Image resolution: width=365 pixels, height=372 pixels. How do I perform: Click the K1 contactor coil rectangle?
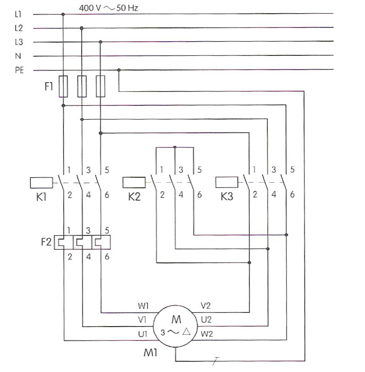pyautogui.click(x=41, y=183)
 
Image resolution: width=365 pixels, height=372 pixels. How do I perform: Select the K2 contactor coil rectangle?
pyautogui.click(x=134, y=182)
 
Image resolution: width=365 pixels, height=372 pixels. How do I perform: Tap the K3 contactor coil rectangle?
pyautogui.click(x=227, y=182)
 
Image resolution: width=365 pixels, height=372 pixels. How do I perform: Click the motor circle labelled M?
pyautogui.click(x=176, y=326)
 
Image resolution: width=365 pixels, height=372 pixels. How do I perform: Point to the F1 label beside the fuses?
pyautogui.click(x=49, y=86)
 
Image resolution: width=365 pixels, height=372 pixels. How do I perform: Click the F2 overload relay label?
pyautogui.click(x=46, y=242)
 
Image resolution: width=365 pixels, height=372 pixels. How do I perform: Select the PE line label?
pyautogui.click(x=19, y=70)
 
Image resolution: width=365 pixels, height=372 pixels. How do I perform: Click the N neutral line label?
pyautogui.click(x=18, y=56)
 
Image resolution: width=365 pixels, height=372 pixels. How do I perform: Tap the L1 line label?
pyautogui.click(x=18, y=14)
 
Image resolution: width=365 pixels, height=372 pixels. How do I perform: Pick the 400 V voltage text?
pyautogui.click(x=90, y=8)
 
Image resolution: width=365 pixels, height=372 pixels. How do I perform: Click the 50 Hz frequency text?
pyautogui.click(x=127, y=8)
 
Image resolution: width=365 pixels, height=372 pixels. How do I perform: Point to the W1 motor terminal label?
pyautogui.click(x=143, y=306)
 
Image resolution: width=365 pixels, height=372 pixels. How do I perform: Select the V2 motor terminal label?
pyautogui.click(x=205, y=306)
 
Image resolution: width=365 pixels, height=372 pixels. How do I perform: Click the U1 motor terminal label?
pyautogui.click(x=143, y=334)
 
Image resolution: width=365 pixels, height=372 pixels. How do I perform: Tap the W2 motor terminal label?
pyautogui.click(x=207, y=334)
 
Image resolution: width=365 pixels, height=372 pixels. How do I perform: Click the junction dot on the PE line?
pyautogui.click(x=119, y=70)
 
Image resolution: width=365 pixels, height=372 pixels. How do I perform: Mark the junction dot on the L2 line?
pyautogui.click(x=82, y=28)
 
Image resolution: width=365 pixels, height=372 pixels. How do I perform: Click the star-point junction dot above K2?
pyautogui.click(x=175, y=148)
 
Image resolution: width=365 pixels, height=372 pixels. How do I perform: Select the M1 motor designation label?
pyautogui.click(x=150, y=353)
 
